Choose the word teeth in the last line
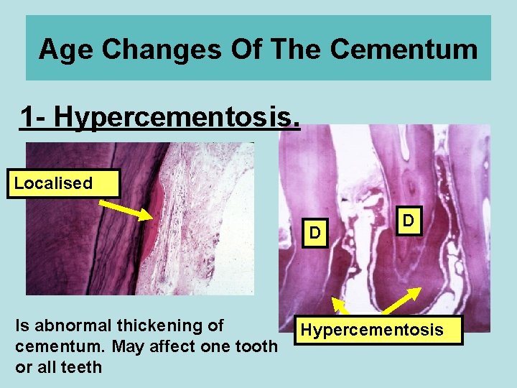(81, 367)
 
